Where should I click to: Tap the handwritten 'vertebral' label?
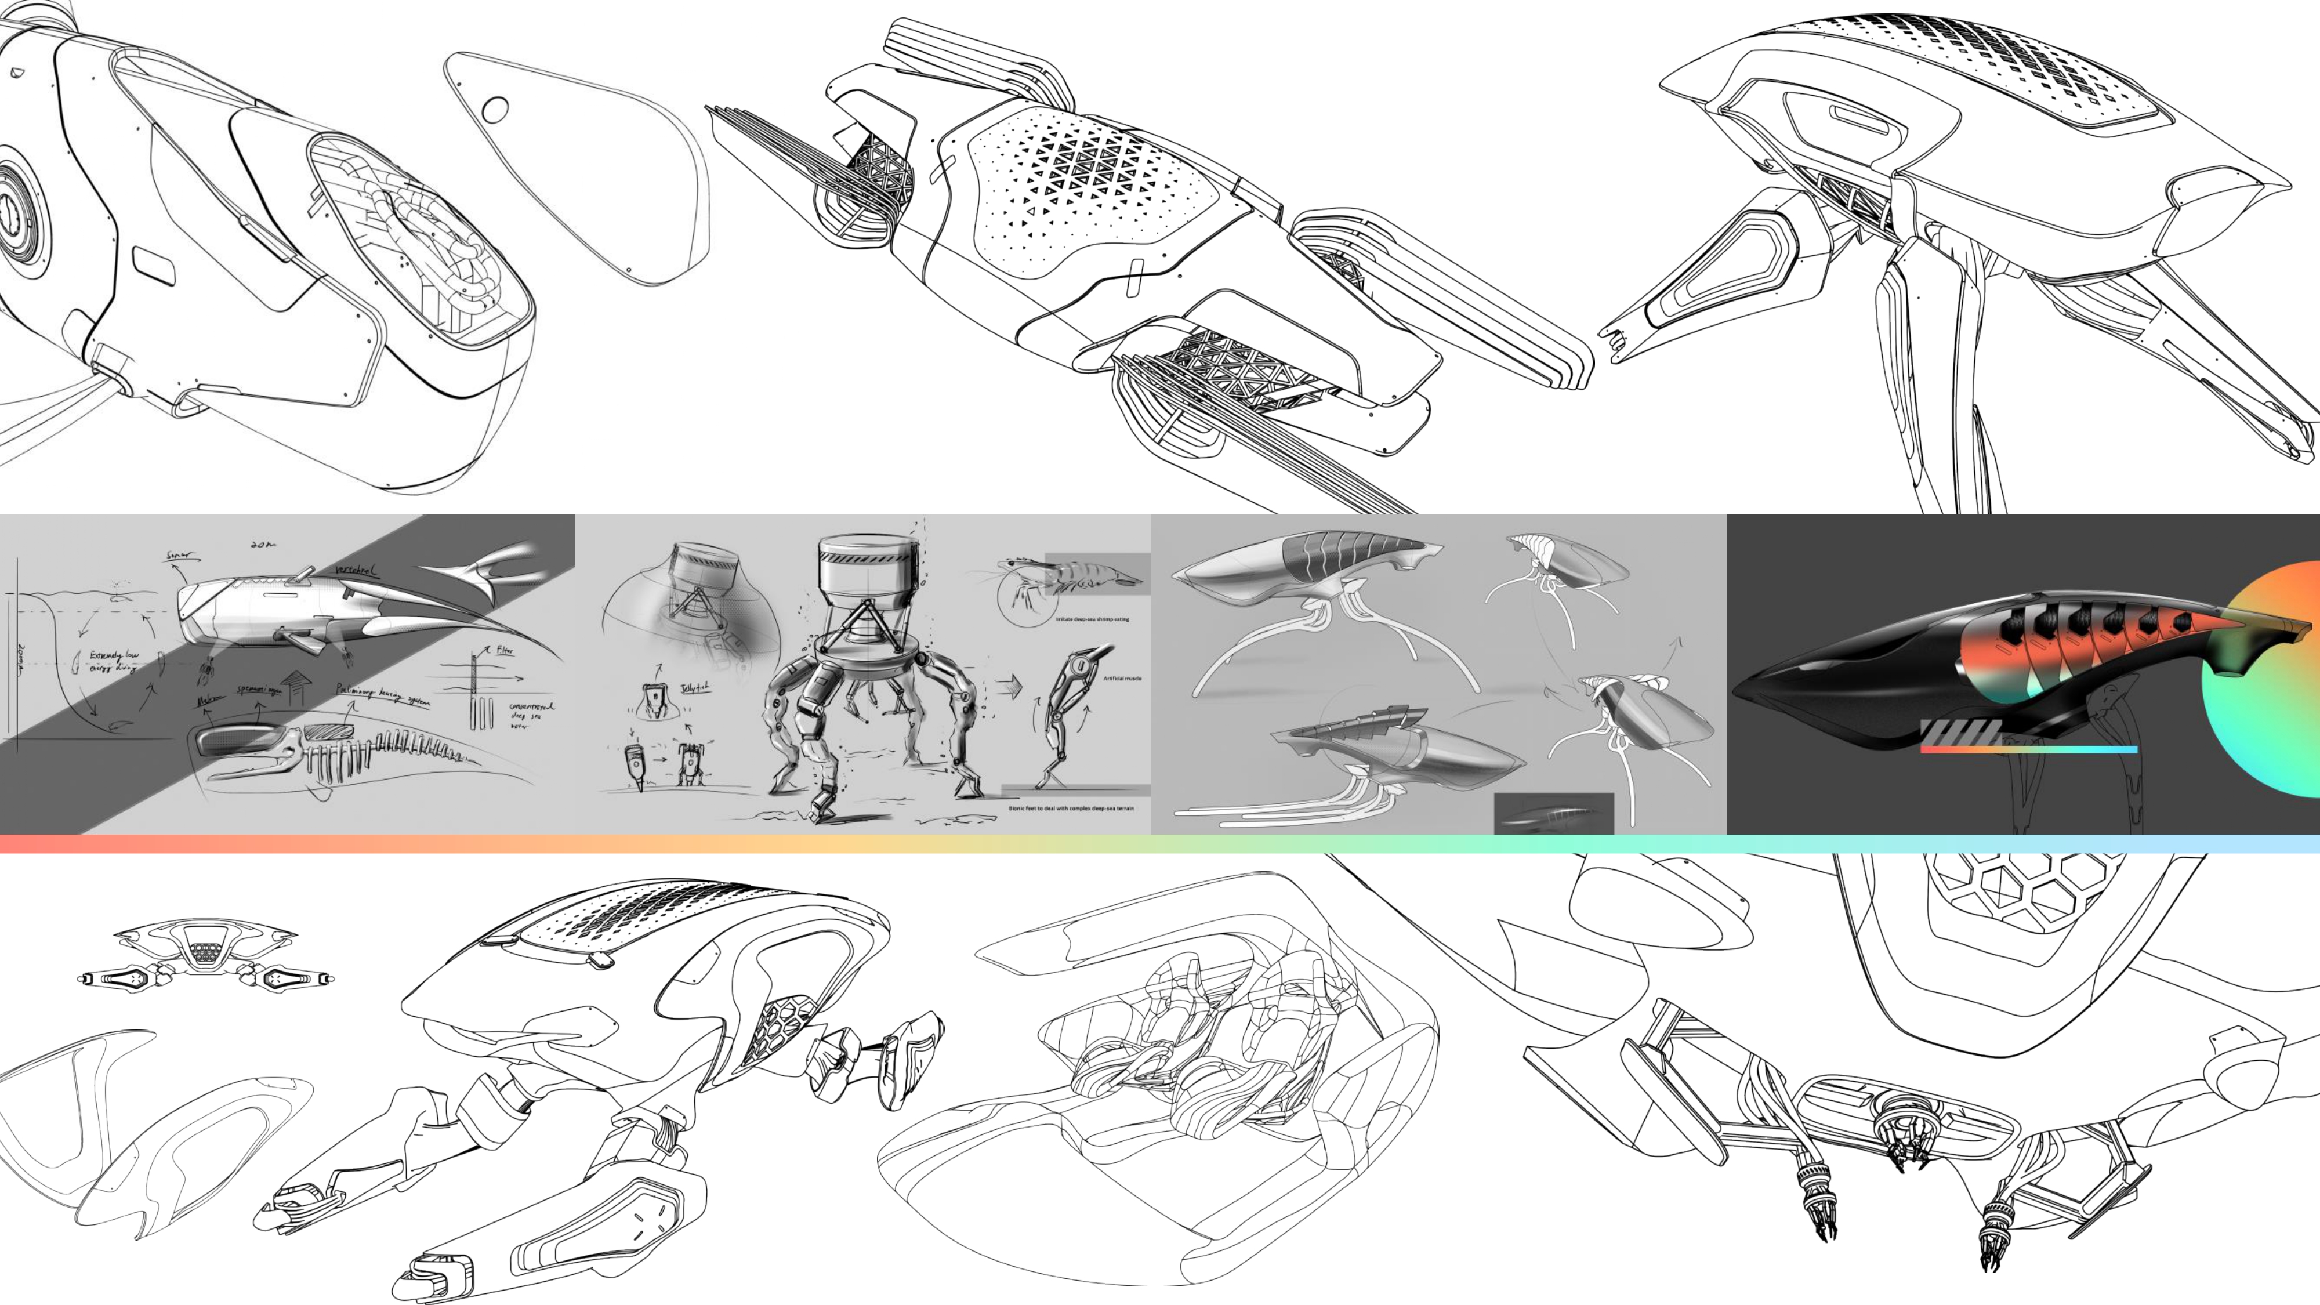tap(357, 571)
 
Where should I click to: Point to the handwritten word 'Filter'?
tap(505, 650)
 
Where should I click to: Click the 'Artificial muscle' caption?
tap(1122, 678)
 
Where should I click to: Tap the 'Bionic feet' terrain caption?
tap(1071, 808)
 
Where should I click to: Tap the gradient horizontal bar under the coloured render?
tap(2028, 748)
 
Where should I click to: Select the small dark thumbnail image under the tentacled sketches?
tap(1554, 813)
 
